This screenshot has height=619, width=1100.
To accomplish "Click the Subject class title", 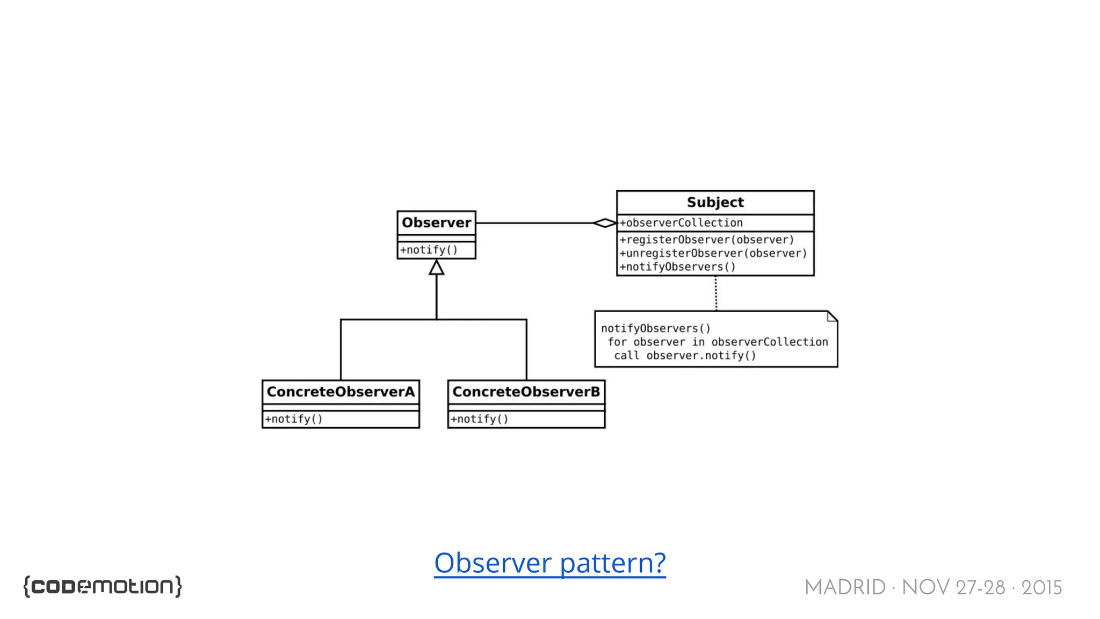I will tap(715, 203).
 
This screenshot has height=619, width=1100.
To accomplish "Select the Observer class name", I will tap(436, 222).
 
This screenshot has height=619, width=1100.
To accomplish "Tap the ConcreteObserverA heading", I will tap(341, 392).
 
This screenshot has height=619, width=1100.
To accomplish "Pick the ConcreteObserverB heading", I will tap(526, 392).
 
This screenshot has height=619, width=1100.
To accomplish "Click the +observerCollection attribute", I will tap(681, 223).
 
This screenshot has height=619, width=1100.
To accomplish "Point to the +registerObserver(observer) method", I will tap(706, 240).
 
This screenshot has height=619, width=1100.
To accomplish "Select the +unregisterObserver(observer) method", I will tap(713, 253).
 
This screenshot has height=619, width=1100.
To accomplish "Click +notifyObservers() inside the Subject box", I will tap(677, 267).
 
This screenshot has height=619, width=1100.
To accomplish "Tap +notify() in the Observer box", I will tap(429, 250).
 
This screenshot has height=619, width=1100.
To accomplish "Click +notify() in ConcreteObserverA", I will tap(294, 419).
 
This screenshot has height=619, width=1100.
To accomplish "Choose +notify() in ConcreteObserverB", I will tap(479, 419).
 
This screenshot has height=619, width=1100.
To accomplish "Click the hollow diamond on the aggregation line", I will tap(604, 223).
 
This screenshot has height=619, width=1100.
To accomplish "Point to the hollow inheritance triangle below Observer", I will tap(436, 268).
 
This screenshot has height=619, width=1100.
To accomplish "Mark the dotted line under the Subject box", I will tap(715, 293).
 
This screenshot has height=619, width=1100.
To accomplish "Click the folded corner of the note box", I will tap(832, 316).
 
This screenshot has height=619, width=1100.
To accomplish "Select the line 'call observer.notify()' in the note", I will tap(685, 356).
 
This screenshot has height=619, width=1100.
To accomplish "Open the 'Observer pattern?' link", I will tap(549, 563).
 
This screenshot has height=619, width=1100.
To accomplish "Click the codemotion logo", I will tap(103, 586).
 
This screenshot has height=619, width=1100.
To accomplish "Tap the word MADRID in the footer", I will tap(844, 588).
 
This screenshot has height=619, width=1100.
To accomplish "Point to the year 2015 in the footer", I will tap(1041, 588).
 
